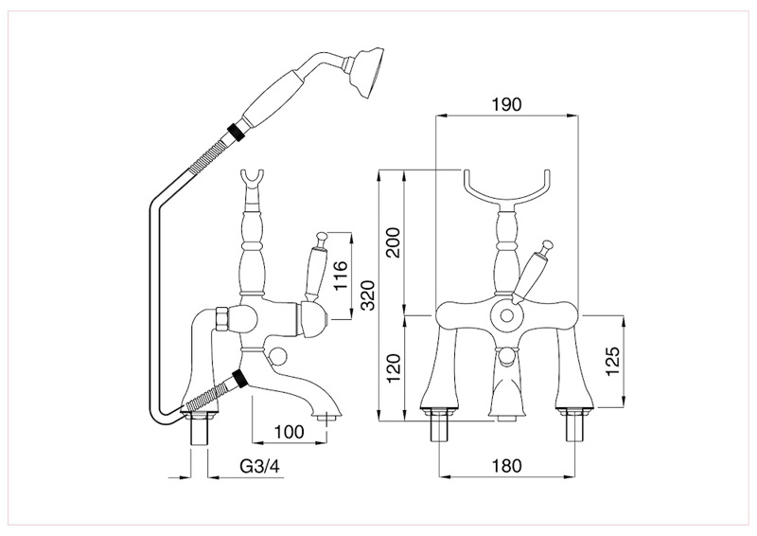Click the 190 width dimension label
point(506,104)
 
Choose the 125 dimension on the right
point(612,362)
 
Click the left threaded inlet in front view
point(440,428)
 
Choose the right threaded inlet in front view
point(573,428)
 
